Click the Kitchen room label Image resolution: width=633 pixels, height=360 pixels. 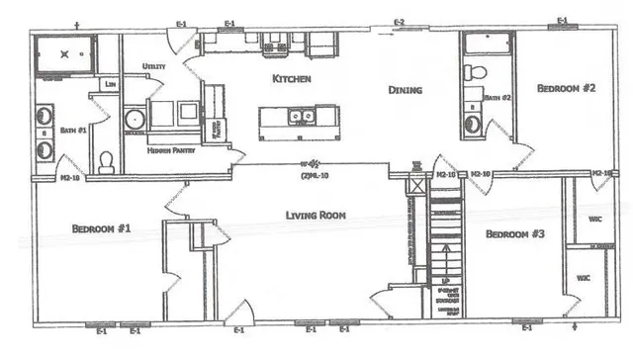click(x=293, y=77)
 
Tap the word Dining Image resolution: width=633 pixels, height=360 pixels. click(x=405, y=90)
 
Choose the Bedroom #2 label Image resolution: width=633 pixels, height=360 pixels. click(x=566, y=88)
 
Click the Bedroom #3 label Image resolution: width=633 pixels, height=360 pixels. click(x=516, y=234)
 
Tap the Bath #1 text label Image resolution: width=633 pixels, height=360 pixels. click(x=75, y=130)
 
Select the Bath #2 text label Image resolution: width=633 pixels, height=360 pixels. click(x=497, y=98)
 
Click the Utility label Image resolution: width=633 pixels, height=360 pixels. click(x=153, y=66)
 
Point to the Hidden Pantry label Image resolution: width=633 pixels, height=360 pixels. click(x=171, y=150)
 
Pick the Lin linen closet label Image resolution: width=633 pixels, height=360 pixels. click(x=113, y=84)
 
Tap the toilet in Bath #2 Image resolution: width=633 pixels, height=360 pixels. click(x=474, y=73)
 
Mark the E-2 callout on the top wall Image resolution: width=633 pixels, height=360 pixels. click(x=400, y=22)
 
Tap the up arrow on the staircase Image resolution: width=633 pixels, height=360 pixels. click(x=444, y=260)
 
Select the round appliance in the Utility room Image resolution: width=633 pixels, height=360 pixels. click(x=136, y=121)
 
